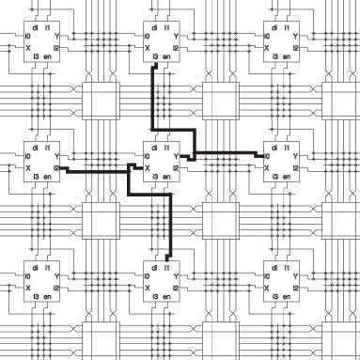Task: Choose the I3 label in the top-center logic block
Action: click(156, 56)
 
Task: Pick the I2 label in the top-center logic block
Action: click(179, 47)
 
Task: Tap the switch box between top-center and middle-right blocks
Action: click(217, 100)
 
